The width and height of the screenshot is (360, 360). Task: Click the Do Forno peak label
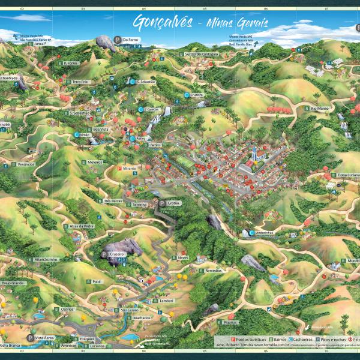130,40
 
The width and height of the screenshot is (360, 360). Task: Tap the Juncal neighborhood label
24,44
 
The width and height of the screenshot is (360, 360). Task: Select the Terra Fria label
80,82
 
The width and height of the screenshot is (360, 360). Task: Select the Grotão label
173,203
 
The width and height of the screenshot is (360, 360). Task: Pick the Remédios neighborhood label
213,271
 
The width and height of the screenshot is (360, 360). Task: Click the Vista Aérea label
44,338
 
